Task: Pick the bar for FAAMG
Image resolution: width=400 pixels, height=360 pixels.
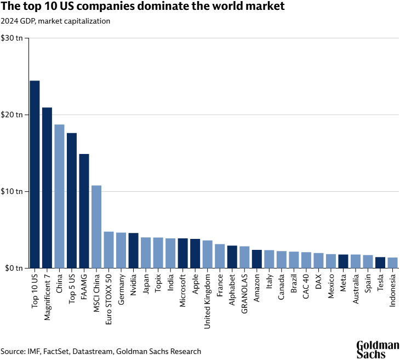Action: (84, 211)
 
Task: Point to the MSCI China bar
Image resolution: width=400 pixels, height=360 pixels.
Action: (96, 227)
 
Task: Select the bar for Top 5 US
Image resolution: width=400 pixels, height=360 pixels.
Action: (72, 201)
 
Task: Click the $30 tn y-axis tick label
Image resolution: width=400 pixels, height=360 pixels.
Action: (12, 38)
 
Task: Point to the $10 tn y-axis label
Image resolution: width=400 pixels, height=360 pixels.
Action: (12, 192)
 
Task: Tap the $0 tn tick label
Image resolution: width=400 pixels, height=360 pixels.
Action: (14, 268)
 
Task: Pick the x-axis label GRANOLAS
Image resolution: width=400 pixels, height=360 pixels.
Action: (244, 290)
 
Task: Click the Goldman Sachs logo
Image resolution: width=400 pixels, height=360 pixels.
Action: (378, 349)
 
